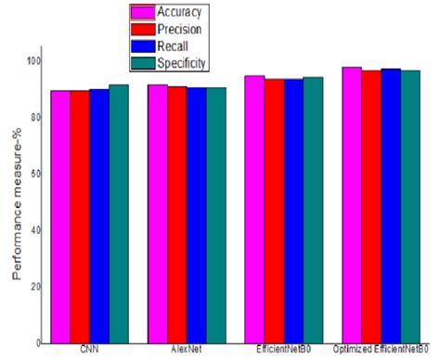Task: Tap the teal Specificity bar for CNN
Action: [119, 212]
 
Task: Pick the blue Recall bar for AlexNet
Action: [197, 214]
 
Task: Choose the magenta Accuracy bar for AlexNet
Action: [158, 212]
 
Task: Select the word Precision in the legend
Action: [183, 30]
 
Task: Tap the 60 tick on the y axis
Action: [36, 174]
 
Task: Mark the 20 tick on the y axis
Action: [36, 286]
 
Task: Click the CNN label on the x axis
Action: [89, 351]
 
